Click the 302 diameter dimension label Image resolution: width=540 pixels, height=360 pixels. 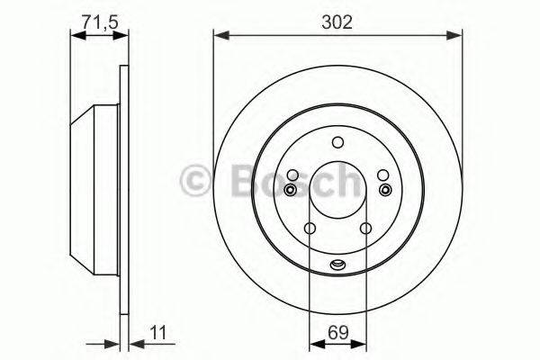point(337,20)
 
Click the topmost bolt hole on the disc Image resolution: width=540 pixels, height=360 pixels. point(337,142)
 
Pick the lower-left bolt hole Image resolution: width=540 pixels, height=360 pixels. point(309,229)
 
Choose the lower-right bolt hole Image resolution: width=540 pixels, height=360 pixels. point(365,229)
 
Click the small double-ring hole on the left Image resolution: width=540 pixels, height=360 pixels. point(289,190)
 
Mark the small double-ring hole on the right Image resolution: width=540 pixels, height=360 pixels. point(385,190)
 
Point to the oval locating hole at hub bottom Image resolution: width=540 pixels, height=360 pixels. point(337,264)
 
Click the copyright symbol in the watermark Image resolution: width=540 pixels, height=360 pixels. point(196,180)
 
